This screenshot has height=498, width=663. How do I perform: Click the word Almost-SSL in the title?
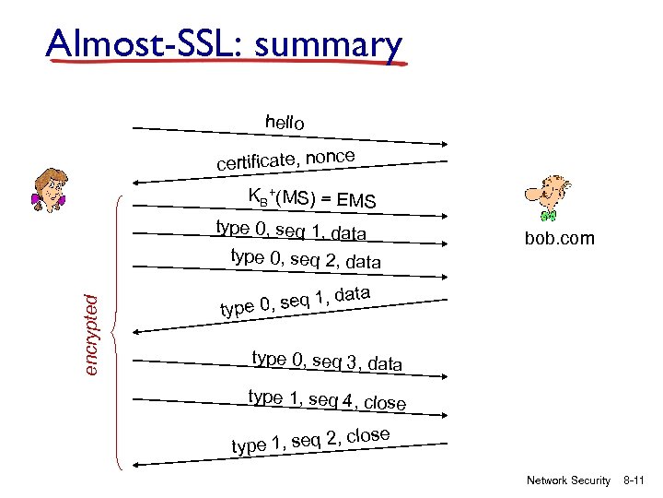click(x=134, y=43)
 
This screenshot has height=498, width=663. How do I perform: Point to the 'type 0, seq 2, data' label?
click(x=305, y=259)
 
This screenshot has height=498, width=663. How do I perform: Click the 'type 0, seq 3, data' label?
click(x=327, y=362)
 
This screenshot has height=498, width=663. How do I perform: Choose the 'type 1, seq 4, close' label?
click(x=327, y=399)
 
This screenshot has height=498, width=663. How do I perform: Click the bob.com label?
click(x=560, y=239)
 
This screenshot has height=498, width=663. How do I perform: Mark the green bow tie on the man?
click(x=549, y=216)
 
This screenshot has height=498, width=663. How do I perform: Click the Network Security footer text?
click(x=568, y=480)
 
